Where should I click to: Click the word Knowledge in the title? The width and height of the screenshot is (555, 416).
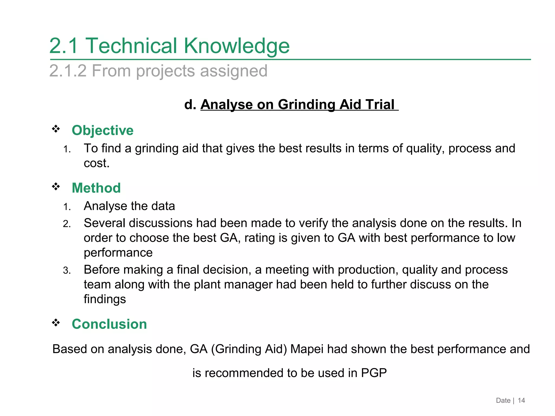click(x=237, y=46)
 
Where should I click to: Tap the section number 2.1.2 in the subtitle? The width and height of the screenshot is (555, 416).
click(x=68, y=71)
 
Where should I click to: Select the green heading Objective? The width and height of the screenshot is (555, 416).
click(x=102, y=130)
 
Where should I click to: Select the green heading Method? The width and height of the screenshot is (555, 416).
click(x=96, y=188)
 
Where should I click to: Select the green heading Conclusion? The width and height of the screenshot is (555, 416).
click(x=109, y=324)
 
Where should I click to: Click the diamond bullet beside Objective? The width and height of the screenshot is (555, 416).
click(x=56, y=129)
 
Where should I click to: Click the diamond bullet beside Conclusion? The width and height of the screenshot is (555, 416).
click(x=56, y=323)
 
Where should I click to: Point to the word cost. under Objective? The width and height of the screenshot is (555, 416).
click(x=96, y=163)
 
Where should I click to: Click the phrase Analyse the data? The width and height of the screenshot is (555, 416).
click(x=129, y=206)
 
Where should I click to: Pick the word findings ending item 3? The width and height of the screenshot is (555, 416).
click(x=105, y=299)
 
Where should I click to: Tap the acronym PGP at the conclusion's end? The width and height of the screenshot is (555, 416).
click(x=374, y=373)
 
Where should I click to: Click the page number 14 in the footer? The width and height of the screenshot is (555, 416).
click(x=521, y=401)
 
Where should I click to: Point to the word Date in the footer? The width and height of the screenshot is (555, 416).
click(x=503, y=401)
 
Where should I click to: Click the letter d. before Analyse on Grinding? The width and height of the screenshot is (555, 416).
click(x=190, y=105)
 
